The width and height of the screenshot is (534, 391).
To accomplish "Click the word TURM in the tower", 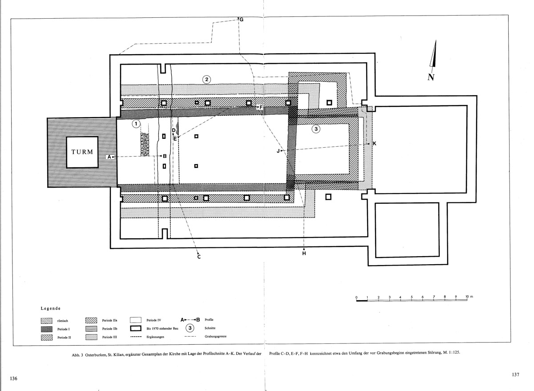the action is tap(82, 152).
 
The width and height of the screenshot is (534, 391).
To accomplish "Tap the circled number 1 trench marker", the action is tap(136, 124).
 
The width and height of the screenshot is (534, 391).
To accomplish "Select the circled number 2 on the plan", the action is tap(206, 79).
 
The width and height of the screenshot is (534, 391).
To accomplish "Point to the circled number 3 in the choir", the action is tap(316, 129).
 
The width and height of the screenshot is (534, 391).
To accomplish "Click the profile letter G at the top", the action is tap(241, 20).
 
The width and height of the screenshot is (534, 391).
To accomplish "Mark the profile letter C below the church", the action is tap(199, 257).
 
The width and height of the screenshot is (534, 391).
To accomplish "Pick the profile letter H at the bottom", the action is tap(304, 254).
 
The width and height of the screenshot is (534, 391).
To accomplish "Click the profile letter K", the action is tap(374, 143).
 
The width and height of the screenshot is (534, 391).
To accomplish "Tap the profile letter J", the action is tap(278, 151).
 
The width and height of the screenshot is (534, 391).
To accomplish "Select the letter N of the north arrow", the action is tap(431, 77).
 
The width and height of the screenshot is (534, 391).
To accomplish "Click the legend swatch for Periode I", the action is tap(47, 329).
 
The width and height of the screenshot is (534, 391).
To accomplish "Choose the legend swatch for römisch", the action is tap(47, 321).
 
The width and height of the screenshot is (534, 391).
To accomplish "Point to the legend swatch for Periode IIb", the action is tap(91, 329).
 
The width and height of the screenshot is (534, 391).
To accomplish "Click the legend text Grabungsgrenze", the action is tap(215, 336).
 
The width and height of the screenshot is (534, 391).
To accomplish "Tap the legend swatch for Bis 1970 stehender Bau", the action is tap(136, 328).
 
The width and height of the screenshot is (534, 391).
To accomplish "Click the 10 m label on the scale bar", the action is tap(469, 297).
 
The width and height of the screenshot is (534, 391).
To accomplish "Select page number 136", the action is tap(14, 379).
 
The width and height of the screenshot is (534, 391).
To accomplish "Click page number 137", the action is tap(515, 375).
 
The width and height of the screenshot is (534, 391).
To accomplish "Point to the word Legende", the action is tap(51, 308).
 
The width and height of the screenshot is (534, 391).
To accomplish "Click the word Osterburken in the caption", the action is tap(95, 355).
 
